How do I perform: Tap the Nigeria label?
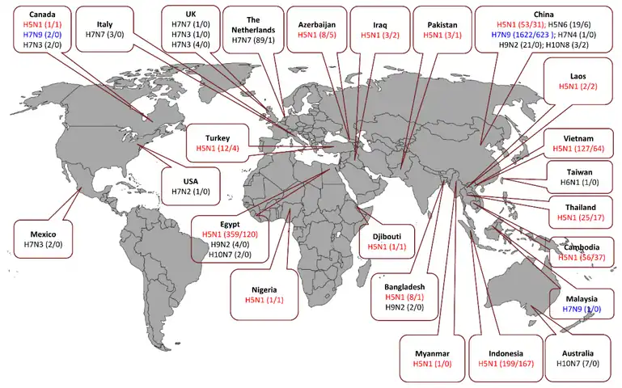tap(264, 289)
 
